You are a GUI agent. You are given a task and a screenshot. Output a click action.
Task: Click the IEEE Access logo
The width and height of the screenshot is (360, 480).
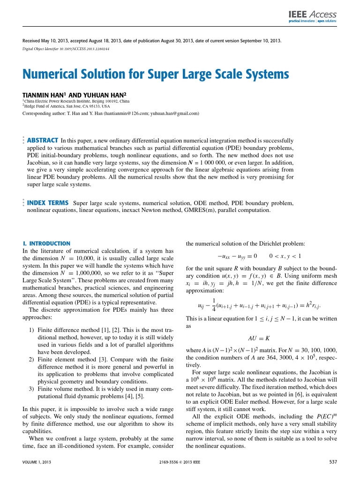click(x=312, y=17)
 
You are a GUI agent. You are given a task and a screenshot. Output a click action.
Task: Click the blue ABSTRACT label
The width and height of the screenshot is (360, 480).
click(x=43, y=140)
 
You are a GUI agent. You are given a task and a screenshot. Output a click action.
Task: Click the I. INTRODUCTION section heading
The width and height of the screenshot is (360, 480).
click(x=46, y=244)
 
